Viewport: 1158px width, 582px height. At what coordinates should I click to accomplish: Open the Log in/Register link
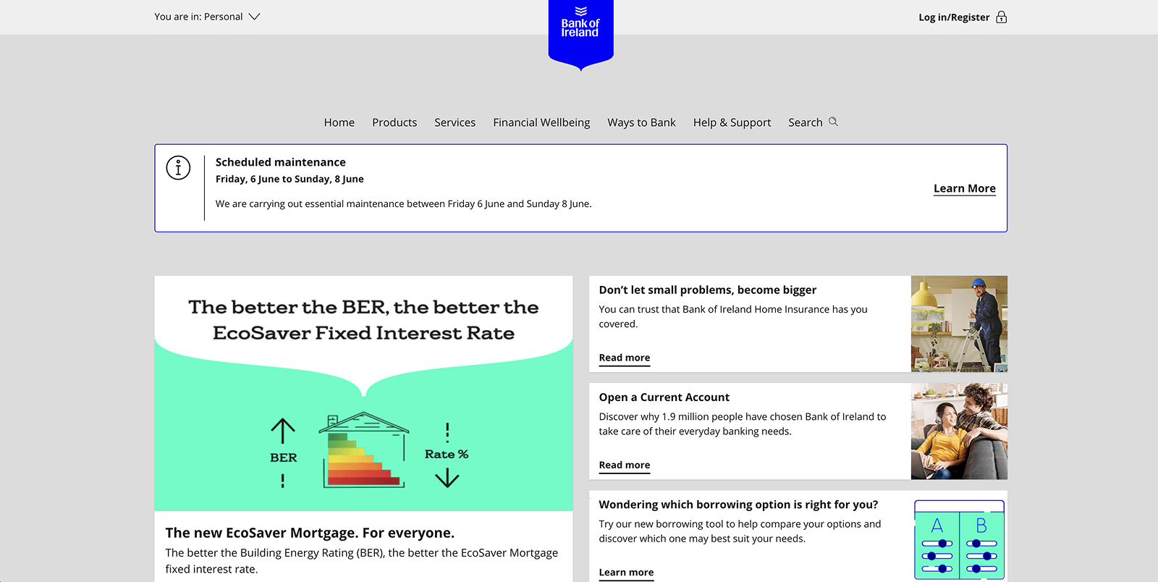pos(954,17)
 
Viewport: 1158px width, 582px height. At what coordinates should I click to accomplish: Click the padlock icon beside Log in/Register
pos(1002,17)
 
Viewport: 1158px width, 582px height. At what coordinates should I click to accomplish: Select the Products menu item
pos(394,122)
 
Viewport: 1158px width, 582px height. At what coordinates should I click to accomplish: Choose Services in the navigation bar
pos(455,122)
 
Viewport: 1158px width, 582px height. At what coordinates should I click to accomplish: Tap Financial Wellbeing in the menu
pos(541,122)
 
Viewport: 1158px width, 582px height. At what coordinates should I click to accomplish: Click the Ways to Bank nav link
pos(641,122)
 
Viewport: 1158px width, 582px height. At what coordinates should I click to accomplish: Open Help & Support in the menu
pos(732,122)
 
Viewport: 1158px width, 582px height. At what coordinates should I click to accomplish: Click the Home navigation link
pos(339,122)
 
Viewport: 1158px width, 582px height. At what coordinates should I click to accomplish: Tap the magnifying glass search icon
pos(833,122)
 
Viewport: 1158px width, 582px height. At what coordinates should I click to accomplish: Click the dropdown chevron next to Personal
pos(254,17)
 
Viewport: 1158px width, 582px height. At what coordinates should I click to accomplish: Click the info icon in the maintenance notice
pos(178,167)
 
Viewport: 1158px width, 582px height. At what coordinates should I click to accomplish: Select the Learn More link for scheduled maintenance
pos(965,188)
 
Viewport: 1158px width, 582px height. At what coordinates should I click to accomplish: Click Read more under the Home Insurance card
pos(625,358)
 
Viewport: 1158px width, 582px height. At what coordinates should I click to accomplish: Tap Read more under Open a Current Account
pos(625,465)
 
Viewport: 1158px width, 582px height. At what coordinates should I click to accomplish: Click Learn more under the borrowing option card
pos(626,572)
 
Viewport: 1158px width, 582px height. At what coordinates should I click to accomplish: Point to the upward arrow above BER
pos(283,431)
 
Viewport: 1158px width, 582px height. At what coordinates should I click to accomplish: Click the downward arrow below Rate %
pos(447,478)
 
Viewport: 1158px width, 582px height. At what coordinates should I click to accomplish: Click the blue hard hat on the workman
pos(978,283)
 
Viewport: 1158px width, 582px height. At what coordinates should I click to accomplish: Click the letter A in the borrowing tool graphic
pos(937,526)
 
